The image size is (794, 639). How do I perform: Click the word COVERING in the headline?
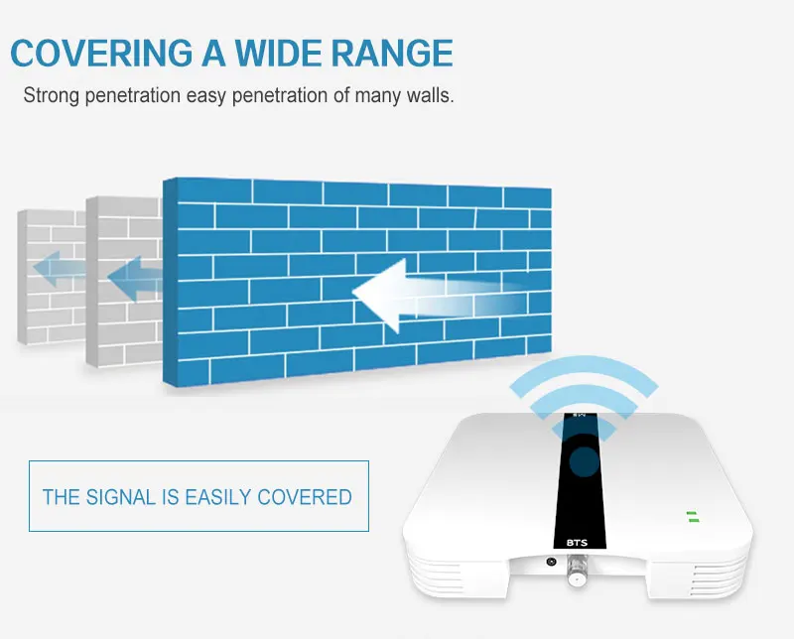(x=102, y=53)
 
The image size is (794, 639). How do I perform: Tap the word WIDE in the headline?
(x=278, y=53)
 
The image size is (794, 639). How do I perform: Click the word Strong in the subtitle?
(x=52, y=95)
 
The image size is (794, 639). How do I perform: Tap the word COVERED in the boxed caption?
(x=305, y=497)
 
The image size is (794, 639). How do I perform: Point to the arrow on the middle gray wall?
(x=135, y=279)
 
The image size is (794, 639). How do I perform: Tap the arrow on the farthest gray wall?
(x=59, y=268)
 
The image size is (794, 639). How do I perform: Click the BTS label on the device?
(x=577, y=543)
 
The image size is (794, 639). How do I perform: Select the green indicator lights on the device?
(x=693, y=517)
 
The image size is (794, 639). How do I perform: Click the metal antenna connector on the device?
(x=577, y=571)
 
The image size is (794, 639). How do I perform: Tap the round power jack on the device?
(x=552, y=562)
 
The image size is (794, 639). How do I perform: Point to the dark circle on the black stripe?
(x=585, y=461)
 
